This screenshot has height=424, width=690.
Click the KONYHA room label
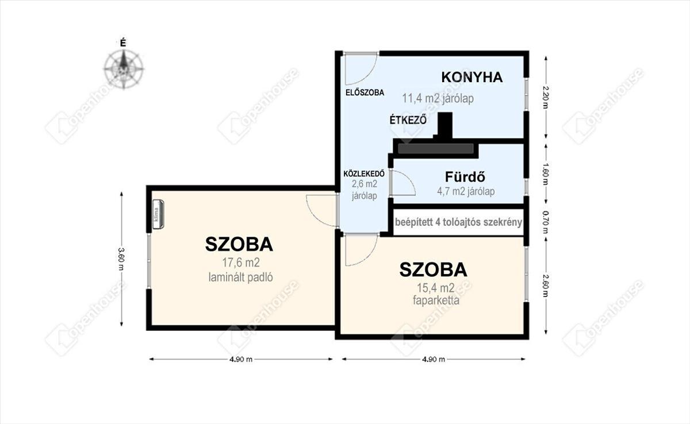click(472, 77)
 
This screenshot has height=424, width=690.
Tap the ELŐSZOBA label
click(365, 92)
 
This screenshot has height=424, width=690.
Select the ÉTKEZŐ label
click(408, 120)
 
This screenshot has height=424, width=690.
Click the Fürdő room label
click(465, 176)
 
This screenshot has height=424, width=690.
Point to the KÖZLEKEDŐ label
click(364, 174)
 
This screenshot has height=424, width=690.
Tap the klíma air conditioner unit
click(158, 214)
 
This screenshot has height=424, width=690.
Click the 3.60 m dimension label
click(122, 259)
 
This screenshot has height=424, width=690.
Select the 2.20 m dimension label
click(546, 97)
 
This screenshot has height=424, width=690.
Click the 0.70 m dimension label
click(546, 222)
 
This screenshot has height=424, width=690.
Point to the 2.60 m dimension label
click(546, 286)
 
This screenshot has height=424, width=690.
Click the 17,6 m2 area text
click(241, 263)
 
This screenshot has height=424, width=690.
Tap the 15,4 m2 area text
click(436, 288)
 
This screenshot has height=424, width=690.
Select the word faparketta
click(436, 300)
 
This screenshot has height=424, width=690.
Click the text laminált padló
click(240, 277)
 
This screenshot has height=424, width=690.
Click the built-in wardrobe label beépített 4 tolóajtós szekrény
click(458, 222)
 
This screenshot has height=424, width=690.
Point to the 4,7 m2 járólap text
click(466, 191)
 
